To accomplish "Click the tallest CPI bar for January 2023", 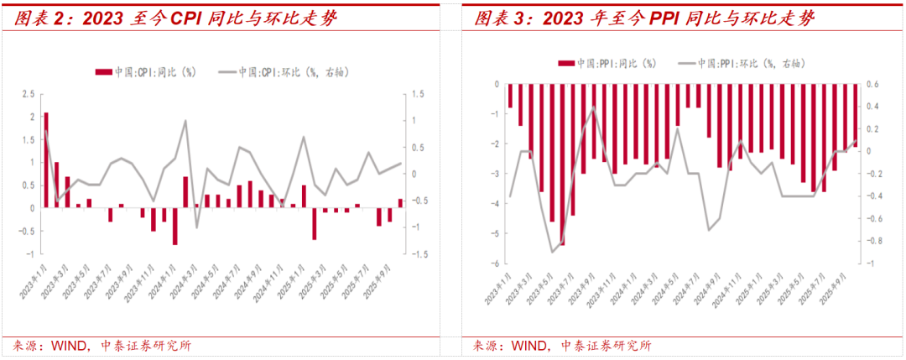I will point(46,159).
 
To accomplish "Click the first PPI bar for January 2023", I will point(509,96).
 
